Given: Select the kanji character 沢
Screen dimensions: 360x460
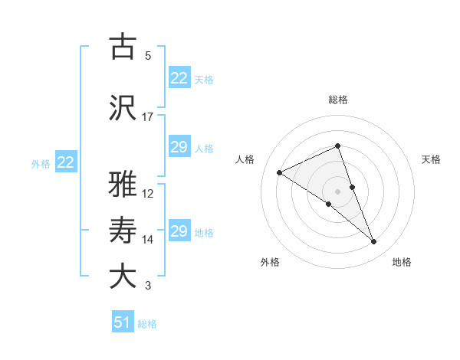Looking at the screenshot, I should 123,106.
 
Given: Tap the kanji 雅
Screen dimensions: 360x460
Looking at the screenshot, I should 123,183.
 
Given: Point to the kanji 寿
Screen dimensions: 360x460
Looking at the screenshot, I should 123,229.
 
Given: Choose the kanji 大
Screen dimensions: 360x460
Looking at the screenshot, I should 123,275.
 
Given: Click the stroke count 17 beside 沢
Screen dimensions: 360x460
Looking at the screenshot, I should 148,117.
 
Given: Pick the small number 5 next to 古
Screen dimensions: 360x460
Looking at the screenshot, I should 148,56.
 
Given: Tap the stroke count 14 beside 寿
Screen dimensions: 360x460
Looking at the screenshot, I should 148,240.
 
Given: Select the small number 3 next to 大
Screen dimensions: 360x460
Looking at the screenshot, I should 148,286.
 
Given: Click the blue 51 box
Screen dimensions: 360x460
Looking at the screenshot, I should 122,322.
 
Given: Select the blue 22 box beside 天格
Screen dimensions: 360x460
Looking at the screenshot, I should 179,78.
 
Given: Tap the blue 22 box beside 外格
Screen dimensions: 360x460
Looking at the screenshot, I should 65,162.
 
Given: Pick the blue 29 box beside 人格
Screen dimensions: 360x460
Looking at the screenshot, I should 179,147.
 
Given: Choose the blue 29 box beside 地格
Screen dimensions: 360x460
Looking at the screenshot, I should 179,231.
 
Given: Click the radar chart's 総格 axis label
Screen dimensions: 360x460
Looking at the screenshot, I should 338,100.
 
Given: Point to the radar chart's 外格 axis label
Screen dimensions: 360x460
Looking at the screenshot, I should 270,263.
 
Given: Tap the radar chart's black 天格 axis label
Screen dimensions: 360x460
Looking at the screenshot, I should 432,159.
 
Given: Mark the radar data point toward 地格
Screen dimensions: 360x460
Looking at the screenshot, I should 374,242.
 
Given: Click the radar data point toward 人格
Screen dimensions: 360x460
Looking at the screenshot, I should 280,172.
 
